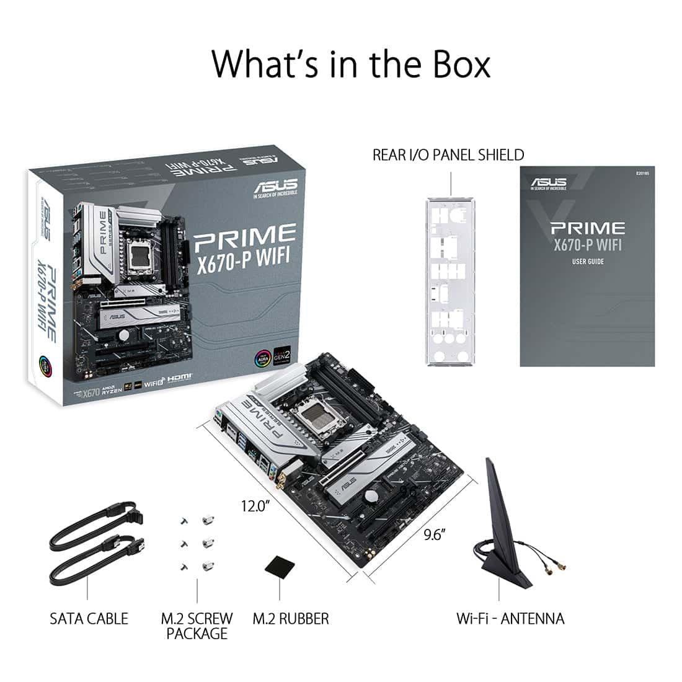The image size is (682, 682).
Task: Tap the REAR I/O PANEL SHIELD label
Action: click(x=448, y=154)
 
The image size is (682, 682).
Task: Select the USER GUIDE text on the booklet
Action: click(x=588, y=261)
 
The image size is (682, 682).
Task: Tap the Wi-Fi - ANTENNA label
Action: click(x=510, y=618)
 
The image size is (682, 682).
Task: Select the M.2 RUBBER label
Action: click(x=291, y=618)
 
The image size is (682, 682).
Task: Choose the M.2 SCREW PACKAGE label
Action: click(x=197, y=626)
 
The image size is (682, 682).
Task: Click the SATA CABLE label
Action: click(x=89, y=618)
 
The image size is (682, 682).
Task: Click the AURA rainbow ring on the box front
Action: click(x=263, y=358)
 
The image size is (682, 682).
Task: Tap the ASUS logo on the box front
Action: click(x=275, y=185)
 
